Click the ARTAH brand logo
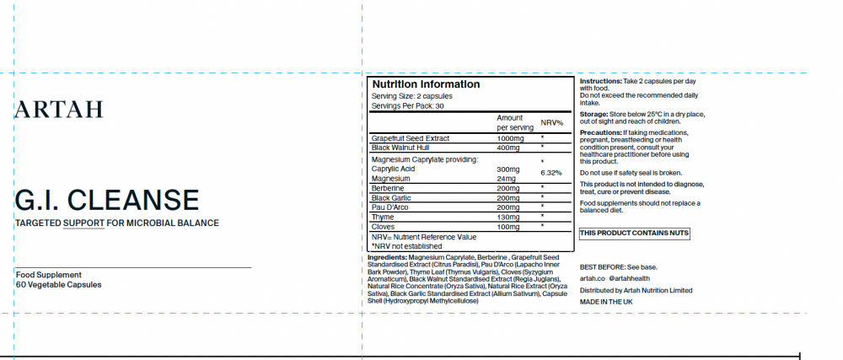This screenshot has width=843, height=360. click(x=59, y=109)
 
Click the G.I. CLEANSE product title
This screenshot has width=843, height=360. click(x=107, y=200)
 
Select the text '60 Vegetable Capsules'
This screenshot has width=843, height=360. click(x=58, y=285)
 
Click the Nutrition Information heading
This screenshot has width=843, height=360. click(x=426, y=84)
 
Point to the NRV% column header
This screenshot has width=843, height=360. click(x=551, y=122)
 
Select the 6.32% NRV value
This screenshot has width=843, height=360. click(x=550, y=173)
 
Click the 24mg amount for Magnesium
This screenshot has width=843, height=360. click(x=506, y=179)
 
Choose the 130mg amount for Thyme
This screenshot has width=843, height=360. click(x=508, y=217)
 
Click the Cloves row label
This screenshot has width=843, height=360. click(x=384, y=226)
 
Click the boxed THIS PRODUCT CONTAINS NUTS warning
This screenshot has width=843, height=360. click(x=635, y=232)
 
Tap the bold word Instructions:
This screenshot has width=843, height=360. click(x=600, y=81)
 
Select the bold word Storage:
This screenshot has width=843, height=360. click(x=593, y=113)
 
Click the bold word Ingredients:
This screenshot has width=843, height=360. click(x=387, y=256)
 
